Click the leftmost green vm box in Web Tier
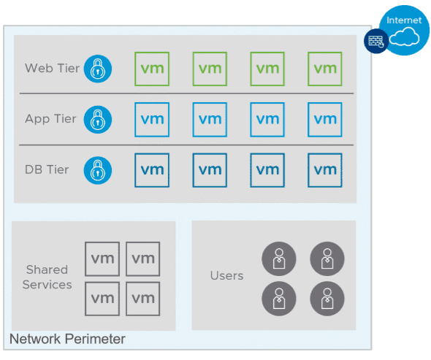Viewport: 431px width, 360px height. click(152, 69)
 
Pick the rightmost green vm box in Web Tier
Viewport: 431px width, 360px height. click(325, 69)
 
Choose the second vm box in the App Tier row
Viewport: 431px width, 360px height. click(210, 119)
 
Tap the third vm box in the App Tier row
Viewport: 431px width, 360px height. click(267, 119)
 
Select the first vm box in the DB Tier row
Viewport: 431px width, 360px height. click(152, 170)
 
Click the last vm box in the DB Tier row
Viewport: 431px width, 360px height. click(325, 170)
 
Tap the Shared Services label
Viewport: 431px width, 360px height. click(47, 277)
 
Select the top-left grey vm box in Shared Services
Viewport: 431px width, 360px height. click(102, 258)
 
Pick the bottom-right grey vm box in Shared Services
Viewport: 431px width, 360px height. click(143, 298)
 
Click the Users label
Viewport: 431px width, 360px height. click(226, 275)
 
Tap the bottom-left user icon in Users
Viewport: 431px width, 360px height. click(278, 298)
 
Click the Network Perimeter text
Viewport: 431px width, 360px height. click(67, 339)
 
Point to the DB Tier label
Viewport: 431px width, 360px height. click(47, 169)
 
